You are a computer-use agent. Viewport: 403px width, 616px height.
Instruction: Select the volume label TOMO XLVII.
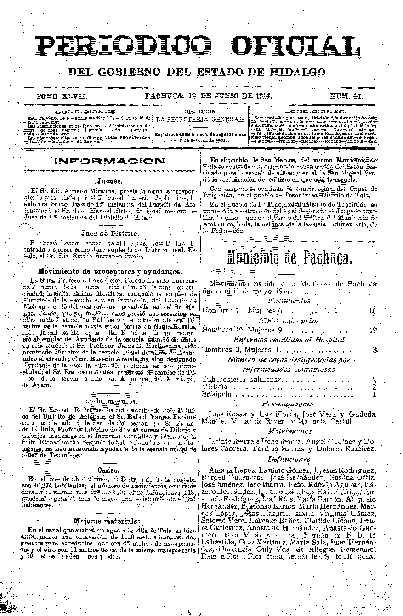click(62, 97)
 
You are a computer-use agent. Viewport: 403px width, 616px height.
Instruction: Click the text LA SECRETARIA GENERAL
click(200, 120)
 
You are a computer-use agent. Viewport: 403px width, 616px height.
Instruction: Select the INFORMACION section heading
click(110, 161)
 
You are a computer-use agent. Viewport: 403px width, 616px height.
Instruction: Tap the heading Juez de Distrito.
click(110, 234)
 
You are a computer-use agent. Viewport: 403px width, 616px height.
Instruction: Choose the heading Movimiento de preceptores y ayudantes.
click(110, 272)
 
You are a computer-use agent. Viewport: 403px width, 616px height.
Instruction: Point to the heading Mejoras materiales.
click(108, 521)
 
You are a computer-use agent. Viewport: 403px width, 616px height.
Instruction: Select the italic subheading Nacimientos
click(289, 301)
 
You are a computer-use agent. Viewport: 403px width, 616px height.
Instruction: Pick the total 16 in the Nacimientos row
click(372, 311)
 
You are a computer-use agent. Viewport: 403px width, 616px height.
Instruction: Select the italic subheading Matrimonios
click(290, 431)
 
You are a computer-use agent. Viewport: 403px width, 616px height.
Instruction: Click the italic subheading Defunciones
click(289, 459)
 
